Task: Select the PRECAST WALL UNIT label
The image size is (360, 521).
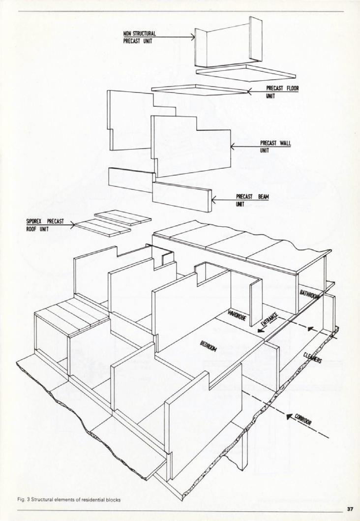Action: point(275,146)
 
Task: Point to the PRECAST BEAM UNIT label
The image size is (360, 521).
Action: point(252,201)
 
